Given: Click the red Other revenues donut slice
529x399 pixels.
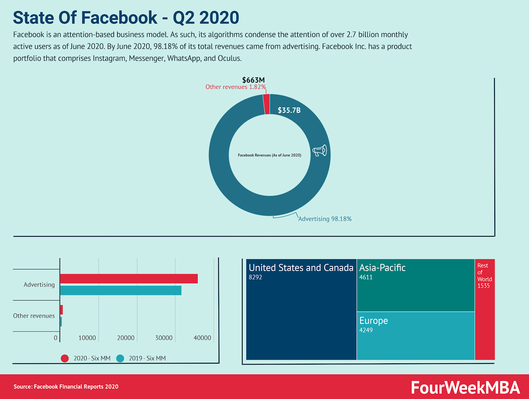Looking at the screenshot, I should [266, 104].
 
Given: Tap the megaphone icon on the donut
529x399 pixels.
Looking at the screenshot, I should [320, 150].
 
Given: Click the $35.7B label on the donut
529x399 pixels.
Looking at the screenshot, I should [289, 110].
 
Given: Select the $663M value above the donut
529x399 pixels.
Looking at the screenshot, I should [253, 80].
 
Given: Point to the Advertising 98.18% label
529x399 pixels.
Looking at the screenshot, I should [325, 219].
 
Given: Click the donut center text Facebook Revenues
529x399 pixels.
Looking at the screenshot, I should [269, 155].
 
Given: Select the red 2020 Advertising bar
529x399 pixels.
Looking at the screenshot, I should [129, 279].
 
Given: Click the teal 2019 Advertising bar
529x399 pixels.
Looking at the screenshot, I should [121, 291].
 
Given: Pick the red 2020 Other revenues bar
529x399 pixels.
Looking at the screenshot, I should [61, 310].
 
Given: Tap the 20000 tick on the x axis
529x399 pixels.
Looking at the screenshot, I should [126, 338].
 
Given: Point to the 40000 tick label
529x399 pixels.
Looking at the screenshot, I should [202, 338].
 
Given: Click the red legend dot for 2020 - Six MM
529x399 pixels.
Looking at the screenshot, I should [65, 358].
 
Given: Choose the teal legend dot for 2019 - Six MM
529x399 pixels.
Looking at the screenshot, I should [120, 358].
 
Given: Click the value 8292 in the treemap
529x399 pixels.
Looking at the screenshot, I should [255, 277].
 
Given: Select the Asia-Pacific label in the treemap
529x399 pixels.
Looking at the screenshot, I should [383, 268].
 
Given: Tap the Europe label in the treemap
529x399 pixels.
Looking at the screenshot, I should [374, 321].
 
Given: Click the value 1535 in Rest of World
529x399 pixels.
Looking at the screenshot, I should [483, 286].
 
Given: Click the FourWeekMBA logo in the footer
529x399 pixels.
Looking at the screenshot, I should [465, 387].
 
